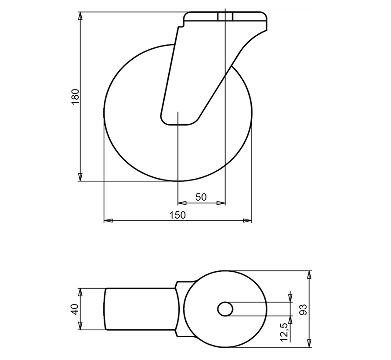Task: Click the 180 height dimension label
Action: pyautogui.click(x=75, y=97)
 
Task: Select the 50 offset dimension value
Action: pyautogui.click(x=201, y=197)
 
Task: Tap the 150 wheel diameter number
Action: pyautogui.click(x=178, y=215)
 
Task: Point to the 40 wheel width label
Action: pyautogui.click(x=75, y=309)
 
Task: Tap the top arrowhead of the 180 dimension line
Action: pyautogui.click(x=80, y=16)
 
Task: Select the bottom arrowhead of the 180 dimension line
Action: pyautogui.click(x=80, y=177)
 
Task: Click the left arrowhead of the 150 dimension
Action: pyautogui.click(x=107, y=220)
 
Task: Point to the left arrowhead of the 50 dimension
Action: pyautogui.click(x=181, y=203)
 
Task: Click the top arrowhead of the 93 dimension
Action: pyautogui.click(x=310, y=274)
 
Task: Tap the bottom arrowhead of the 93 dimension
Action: pyautogui.click(x=310, y=343)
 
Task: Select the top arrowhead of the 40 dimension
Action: pyautogui.click(x=80, y=292)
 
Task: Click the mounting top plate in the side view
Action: pyautogui.click(x=225, y=18)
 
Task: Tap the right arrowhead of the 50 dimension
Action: pyautogui.click(x=222, y=203)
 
